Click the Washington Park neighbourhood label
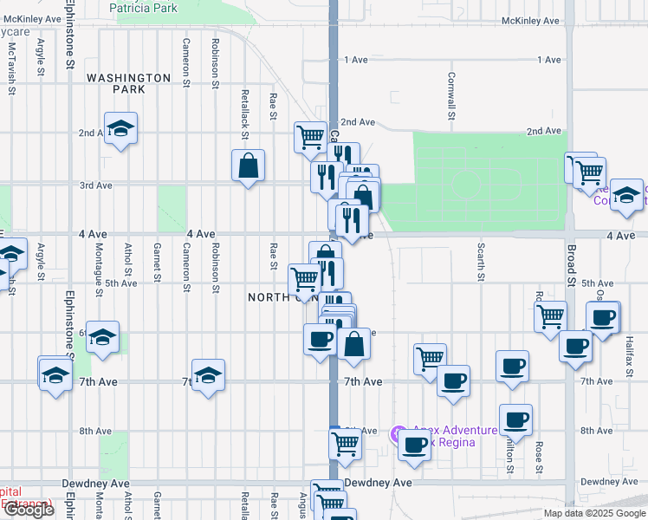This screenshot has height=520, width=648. (129, 83)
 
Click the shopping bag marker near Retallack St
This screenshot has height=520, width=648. (248, 165)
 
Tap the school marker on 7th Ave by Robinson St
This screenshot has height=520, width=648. (208, 375)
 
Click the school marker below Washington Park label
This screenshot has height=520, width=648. (120, 128)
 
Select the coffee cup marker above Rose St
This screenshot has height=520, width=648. (515, 420)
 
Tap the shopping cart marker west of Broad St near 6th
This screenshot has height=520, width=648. (550, 317)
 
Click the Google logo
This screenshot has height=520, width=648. (29, 510)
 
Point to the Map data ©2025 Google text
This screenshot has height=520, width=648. (593, 513)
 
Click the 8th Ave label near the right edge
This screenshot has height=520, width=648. (597, 431)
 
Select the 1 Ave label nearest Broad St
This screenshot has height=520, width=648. (549, 59)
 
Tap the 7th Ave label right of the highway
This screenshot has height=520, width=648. (363, 381)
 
